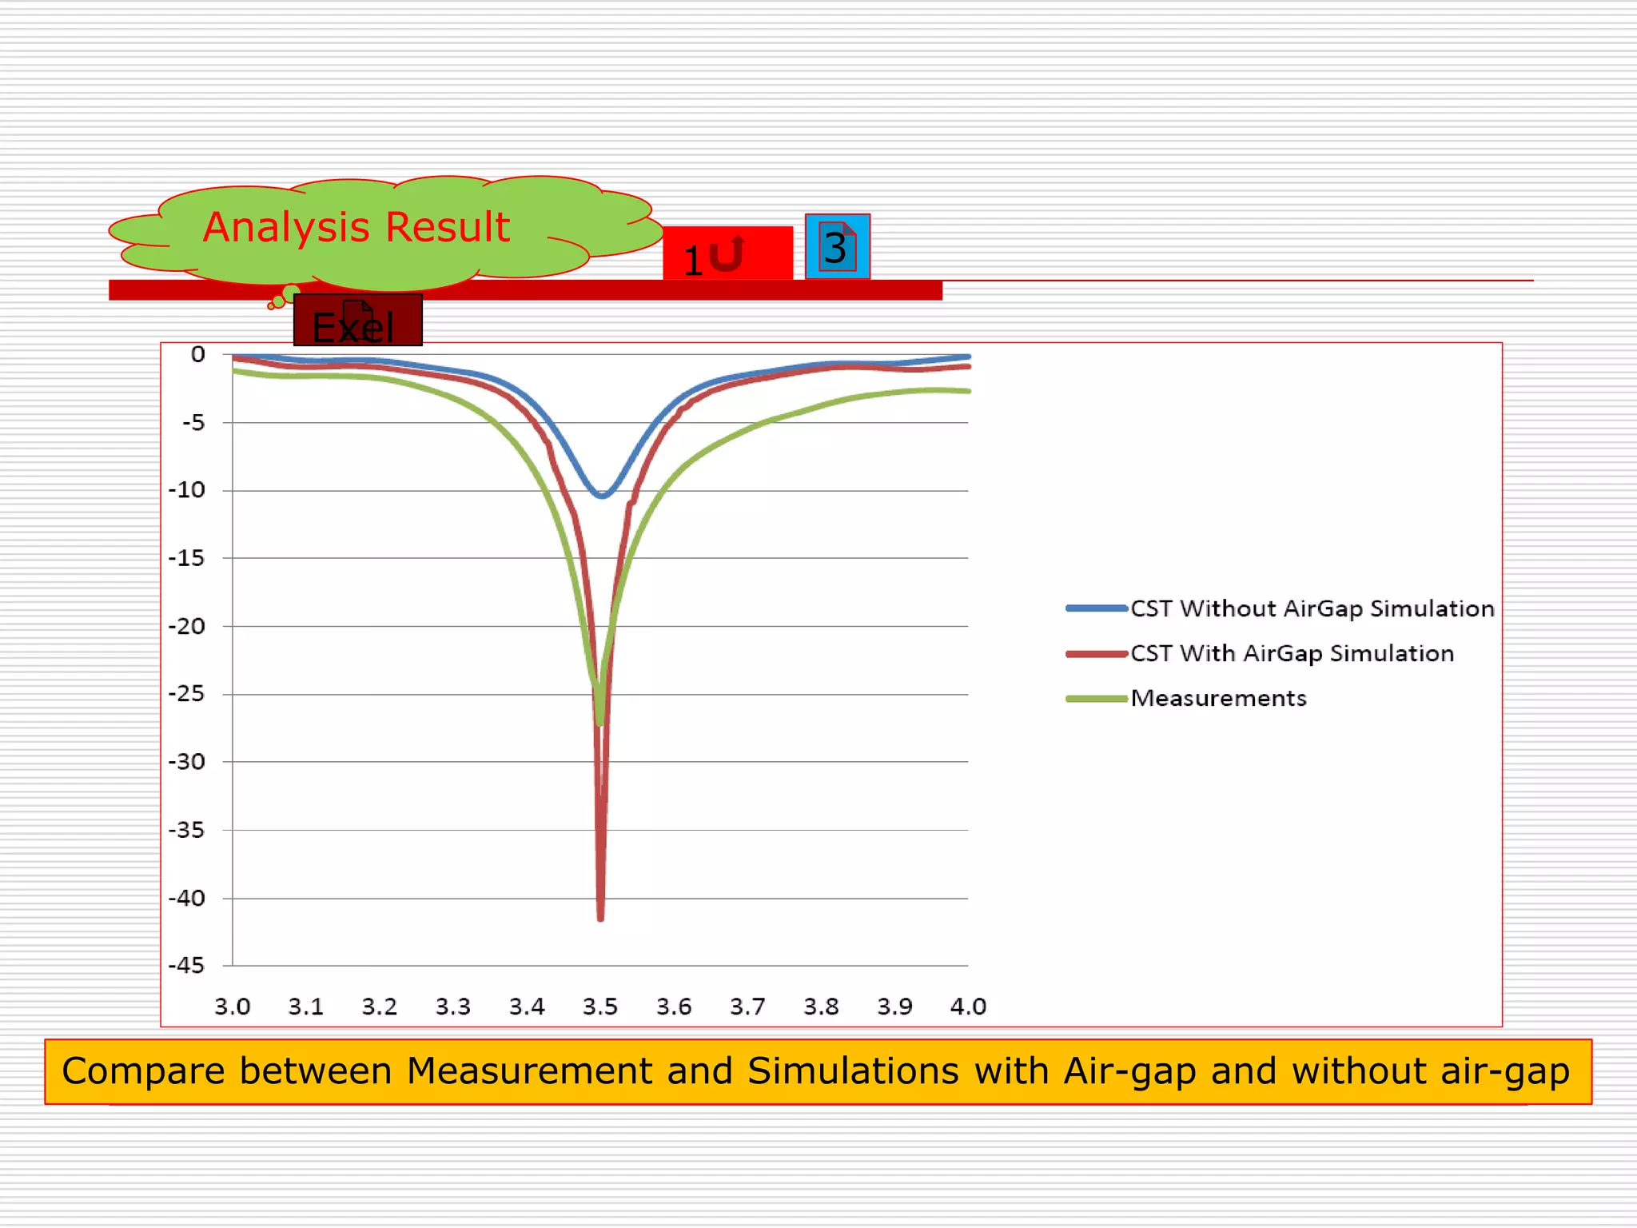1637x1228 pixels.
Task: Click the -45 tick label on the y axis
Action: (x=186, y=966)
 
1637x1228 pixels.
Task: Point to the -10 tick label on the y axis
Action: (x=186, y=490)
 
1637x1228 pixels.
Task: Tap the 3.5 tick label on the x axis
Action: (x=600, y=1007)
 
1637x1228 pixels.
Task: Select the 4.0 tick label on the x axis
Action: (x=968, y=1007)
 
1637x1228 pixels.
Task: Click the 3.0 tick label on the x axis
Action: (x=233, y=1007)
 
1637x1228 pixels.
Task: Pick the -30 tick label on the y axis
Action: (x=186, y=762)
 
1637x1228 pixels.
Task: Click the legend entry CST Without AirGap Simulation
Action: (x=1312, y=608)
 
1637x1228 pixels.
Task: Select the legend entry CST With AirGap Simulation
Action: (x=1292, y=653)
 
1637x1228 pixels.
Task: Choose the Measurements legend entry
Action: (x=1218, y=698)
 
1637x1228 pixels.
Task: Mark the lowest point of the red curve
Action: (x=600, y=919)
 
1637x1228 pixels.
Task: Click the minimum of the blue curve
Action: (x=602, y=496)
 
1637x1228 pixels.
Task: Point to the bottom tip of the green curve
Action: (x=600, y=723)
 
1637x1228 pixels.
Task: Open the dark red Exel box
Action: (x=357, y=321)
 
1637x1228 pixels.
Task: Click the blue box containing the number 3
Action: (x=837, y=247)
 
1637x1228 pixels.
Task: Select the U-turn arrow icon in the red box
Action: (x=727, y=253)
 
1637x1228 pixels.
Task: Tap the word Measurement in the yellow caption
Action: (x=529, y=1071)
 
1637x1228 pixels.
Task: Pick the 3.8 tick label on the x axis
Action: (x=821, y=1007)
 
